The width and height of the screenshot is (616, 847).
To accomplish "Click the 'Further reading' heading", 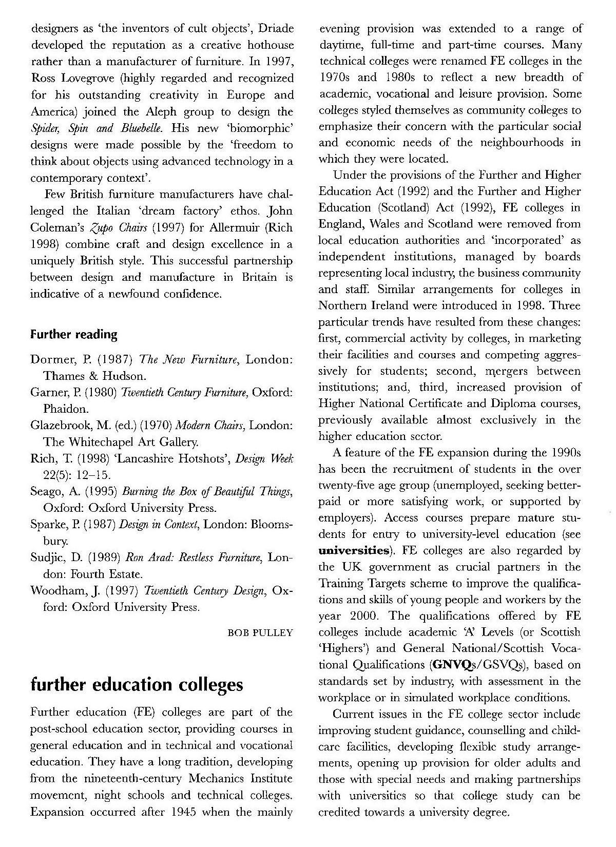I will (x=74, y=335).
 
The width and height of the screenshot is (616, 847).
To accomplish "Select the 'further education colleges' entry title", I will (x=137, y=685).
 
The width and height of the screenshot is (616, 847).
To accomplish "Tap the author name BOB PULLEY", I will (x=260, y=632).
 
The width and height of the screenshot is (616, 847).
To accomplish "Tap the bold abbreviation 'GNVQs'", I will (x=452, y=665).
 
